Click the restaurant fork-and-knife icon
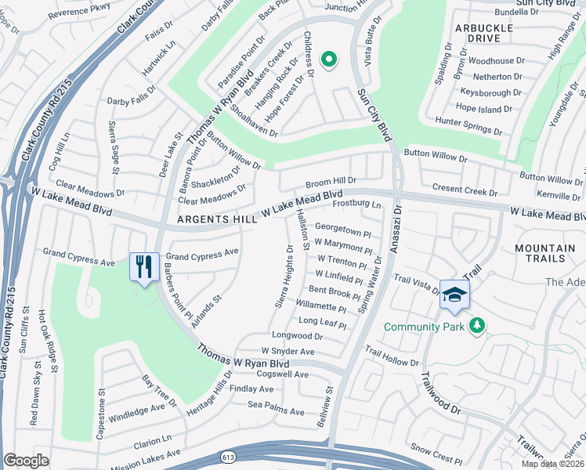click(142, 266)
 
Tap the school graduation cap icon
click(454, 294)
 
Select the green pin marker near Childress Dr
click(330, 59)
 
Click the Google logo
click(26, 461)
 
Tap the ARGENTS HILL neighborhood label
click(217, 220)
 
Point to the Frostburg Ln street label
click(356, 205)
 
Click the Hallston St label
click(300, 230)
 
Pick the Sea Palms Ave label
click(276, 411)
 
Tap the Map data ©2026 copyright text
click(554, 464)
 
